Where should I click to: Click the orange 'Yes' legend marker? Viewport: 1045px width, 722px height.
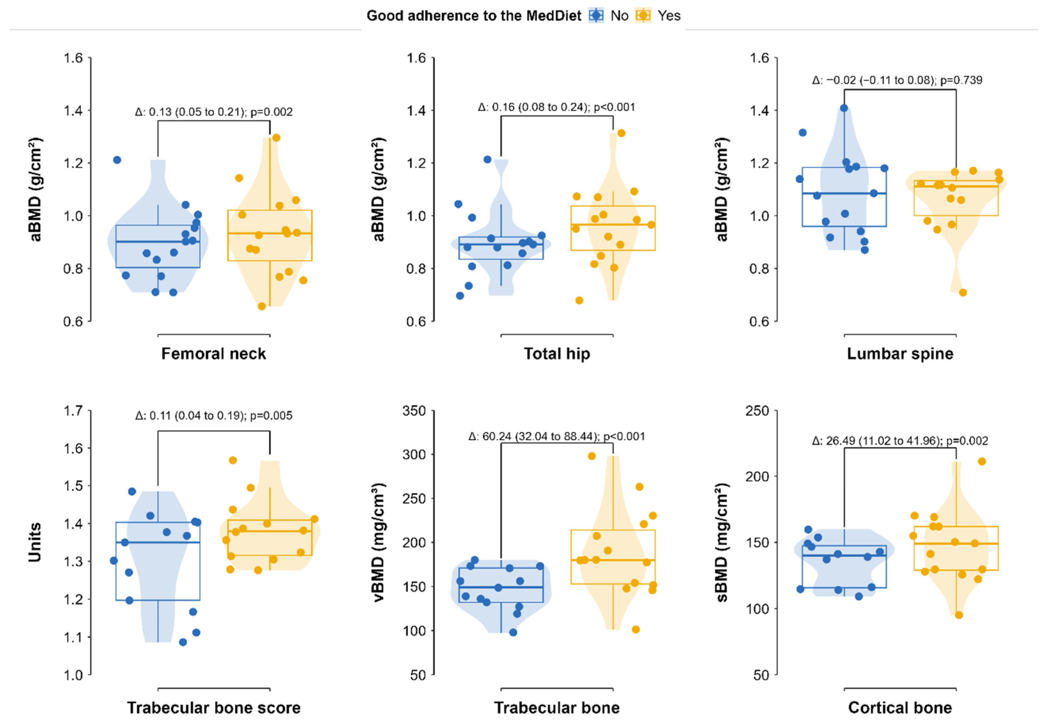click(643, 15)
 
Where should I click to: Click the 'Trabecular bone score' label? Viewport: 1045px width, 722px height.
click(213, 707)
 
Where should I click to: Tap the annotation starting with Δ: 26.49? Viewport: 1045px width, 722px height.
click(900, 441)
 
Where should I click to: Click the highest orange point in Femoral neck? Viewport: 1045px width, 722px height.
click(276, 137)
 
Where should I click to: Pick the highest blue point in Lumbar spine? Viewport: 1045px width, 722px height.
click(844, 108)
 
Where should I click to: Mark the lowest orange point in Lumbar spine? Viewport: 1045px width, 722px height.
click(963, 293)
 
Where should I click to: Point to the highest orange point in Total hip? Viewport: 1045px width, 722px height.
click(621, 133)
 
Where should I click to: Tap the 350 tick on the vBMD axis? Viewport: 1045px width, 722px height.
click(414, 411)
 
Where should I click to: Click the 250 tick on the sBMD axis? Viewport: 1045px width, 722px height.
click(757, 411)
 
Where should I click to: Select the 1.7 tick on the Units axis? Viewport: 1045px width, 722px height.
click(73, 411)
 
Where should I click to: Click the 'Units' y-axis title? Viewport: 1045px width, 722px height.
click(35, 542)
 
